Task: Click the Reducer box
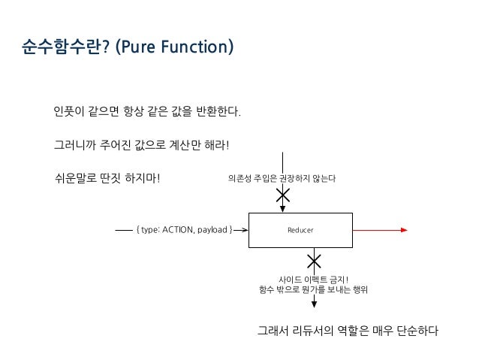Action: [300, 230]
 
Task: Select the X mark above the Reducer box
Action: [283, 195]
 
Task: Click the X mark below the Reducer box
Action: [314, 262]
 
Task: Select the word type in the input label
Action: [146, 230]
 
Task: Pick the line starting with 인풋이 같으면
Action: [147, 113]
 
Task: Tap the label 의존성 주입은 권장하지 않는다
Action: [282, 178]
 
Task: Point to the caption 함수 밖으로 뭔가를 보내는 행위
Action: [313, 289]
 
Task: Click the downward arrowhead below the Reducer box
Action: [314, 303]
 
